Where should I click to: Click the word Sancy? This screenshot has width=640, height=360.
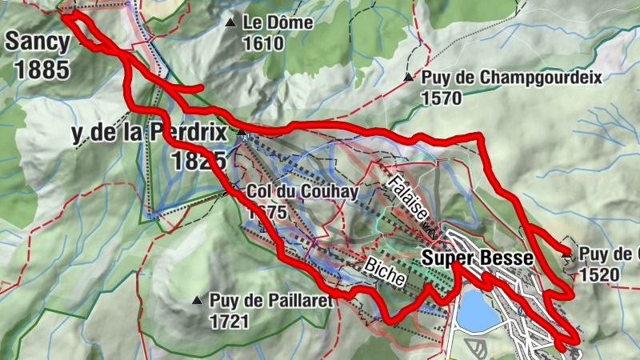pos(37,42)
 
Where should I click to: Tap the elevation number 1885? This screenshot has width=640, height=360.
pos(42,69)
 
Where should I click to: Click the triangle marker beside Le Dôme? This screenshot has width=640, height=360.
pos(231,23)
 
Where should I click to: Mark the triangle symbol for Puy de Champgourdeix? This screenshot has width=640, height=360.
pos(409,78)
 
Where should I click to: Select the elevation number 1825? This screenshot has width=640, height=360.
pos(198,160)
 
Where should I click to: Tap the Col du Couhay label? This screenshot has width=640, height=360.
pos(302,191)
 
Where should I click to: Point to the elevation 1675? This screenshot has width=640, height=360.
pos(266,213)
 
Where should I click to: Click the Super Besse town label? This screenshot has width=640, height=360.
pos(477,258)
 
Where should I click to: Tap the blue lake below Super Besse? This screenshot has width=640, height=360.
pos(478,311)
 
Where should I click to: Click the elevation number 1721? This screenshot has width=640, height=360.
pos(230,322)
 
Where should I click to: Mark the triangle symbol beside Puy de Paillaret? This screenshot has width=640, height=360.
pos(196,301)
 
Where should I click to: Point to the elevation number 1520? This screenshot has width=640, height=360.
pos(601,274)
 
